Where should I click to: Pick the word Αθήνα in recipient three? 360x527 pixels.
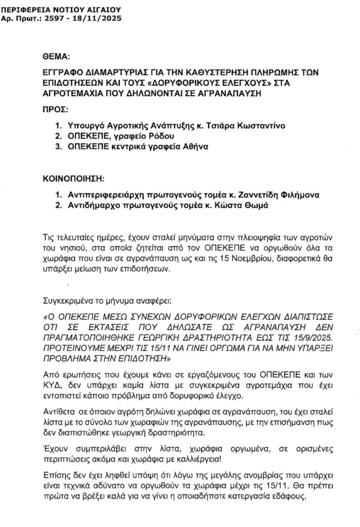(193, 146)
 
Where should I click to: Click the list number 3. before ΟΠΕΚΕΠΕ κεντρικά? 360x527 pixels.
(58, 146)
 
